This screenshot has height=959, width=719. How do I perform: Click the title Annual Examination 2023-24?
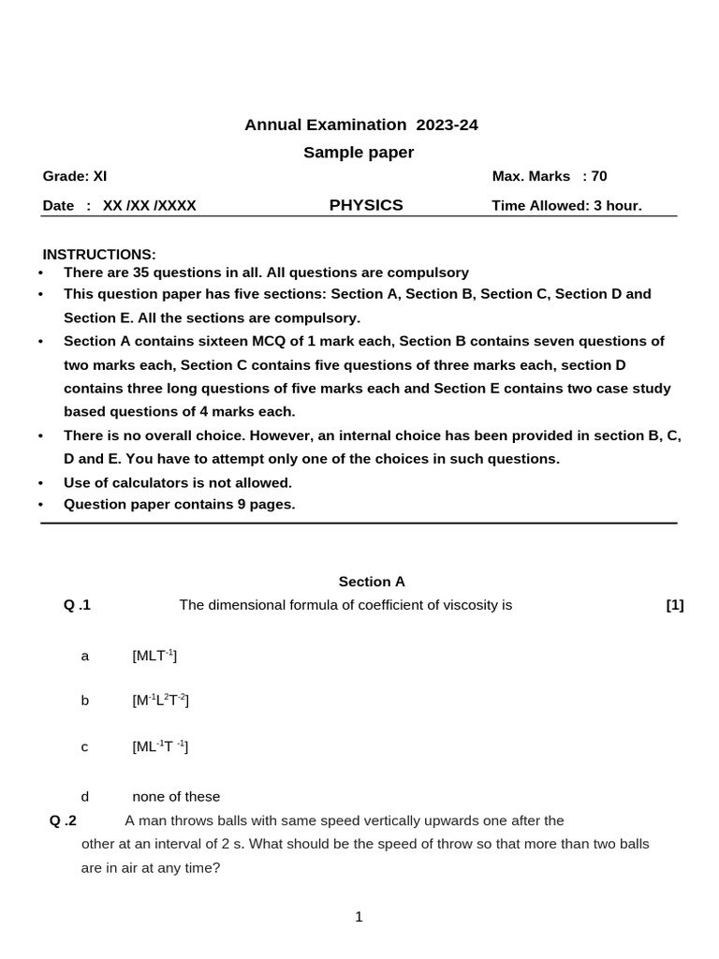(361, 125)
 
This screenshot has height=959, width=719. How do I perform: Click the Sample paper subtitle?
(359, 153)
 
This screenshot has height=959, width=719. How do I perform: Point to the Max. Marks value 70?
(599, 176)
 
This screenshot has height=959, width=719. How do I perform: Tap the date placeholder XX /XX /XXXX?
(150, 206)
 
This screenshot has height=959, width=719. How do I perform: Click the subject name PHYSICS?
(366, 205)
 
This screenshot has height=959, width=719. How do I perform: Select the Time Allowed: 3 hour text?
(566, 206)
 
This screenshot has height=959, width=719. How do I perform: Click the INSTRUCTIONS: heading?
(99, 255)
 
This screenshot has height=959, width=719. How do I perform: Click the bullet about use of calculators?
(178, 482)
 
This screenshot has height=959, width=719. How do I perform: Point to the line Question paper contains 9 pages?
(179, 504)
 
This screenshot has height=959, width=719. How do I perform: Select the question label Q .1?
(77, 605)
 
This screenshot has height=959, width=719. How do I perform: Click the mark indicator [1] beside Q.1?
(675, 605)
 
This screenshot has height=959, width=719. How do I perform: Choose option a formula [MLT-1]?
(154, 656)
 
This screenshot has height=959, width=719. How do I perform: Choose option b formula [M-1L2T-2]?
(161, 701)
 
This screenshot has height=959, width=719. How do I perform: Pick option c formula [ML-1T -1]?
(160, 746)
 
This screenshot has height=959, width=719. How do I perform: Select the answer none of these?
(176, 796)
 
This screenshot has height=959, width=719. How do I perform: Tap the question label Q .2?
(63, 820)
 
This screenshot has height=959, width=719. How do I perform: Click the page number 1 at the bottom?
(359, 917)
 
